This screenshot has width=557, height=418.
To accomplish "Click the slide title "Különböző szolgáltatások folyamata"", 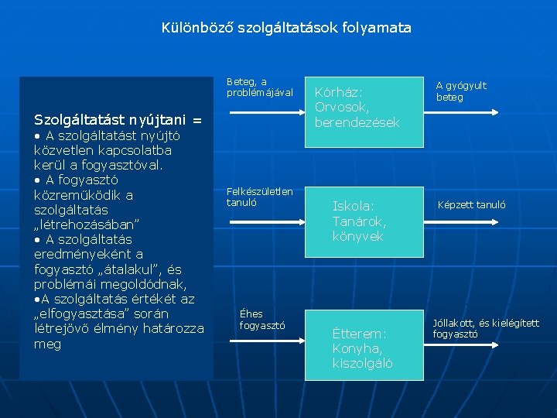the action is coord(286,28).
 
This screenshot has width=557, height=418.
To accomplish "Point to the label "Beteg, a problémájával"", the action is coord(259,87).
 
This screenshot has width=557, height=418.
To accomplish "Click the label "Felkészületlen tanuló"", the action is coord(259,197).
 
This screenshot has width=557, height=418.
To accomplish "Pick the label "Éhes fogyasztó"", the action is coord(262,319).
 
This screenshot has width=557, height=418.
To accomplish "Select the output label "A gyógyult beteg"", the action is coord(461,91).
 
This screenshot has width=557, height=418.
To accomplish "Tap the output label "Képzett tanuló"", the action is coord(471,205).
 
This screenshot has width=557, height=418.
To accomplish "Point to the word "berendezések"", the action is coord(357,122).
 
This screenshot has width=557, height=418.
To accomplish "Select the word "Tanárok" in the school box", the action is coord(358,221).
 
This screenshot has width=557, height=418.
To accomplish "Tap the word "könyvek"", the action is coord(357,237).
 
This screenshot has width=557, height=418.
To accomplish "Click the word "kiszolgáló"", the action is coord(363,363).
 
